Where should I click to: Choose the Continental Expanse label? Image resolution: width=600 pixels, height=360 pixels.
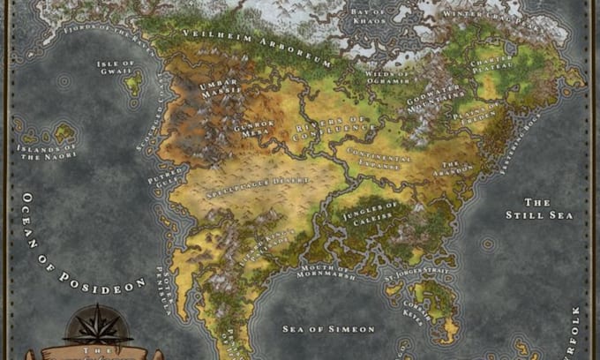coord(380,161)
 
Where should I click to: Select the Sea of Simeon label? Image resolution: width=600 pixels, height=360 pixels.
coord(327,328)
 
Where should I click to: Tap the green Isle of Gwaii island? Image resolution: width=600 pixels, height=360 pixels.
coord(134,84)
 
